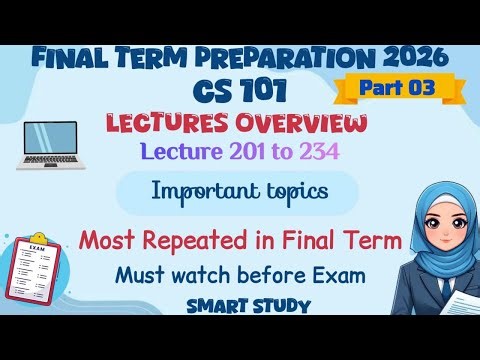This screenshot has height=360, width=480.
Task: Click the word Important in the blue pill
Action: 209,192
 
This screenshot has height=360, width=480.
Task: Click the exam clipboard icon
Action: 40,272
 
